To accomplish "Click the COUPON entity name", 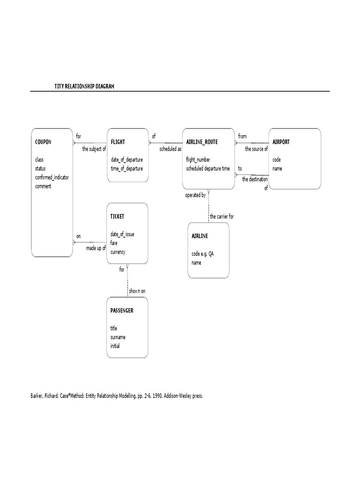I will point(43,142).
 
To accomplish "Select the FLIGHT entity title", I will point(118,142).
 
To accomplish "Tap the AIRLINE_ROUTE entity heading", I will point(202,142).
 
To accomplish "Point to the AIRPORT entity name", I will point(281,142).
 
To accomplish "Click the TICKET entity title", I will point(117,217).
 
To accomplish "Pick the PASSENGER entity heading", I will point(122,310).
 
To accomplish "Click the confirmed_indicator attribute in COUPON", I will point(52,177).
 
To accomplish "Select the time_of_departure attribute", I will point(127,168).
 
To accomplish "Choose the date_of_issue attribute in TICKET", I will point(122,234).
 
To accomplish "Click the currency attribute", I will point(118,252).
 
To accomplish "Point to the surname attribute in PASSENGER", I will point(118,337).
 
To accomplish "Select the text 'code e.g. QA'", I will point(205,254).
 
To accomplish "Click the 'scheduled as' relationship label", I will point(170,149).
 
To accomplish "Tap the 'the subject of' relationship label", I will point(94,149).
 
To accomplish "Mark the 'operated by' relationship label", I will point(195,195).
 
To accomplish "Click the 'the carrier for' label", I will point(222,217).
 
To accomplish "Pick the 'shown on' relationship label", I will point(137,291).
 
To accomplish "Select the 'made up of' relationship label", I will point(96,248).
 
